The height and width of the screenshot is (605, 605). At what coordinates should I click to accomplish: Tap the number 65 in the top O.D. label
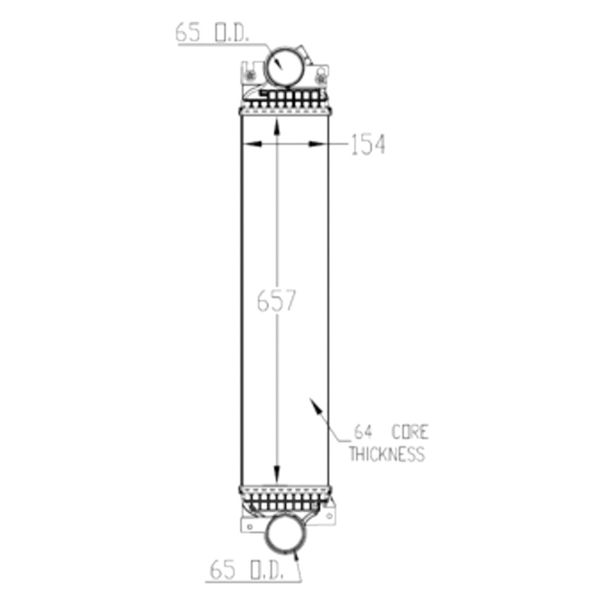tap(188, 33)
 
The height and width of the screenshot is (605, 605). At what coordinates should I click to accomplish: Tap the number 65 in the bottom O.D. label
tap(222, 570)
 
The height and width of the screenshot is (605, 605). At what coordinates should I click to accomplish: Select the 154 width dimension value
tap(368, 145)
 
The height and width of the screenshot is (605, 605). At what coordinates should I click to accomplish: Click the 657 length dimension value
tap(276, 301)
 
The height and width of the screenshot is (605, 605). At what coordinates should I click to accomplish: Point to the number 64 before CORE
tap(363, 432)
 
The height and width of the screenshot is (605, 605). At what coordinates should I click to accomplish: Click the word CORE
tap(410, 432)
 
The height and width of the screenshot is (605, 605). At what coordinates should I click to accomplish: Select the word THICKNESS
tap(387, 454)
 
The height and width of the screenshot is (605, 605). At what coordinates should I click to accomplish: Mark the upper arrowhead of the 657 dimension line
tap(276, 126)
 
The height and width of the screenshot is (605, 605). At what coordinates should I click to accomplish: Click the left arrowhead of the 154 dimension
tap(252, 144)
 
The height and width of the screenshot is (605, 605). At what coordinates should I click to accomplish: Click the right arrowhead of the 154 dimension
tap(317, 144)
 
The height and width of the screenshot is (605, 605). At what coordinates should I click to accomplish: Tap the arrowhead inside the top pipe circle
tap(278, 64)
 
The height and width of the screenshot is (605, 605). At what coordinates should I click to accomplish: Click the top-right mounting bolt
tap(320, 78)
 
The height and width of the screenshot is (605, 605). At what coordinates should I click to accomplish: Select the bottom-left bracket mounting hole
tap(250, 526)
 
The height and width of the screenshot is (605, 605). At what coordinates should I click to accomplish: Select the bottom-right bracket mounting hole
tap(330, 515)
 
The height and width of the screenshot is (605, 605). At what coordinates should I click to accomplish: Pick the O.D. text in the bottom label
tap(267, 570)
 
